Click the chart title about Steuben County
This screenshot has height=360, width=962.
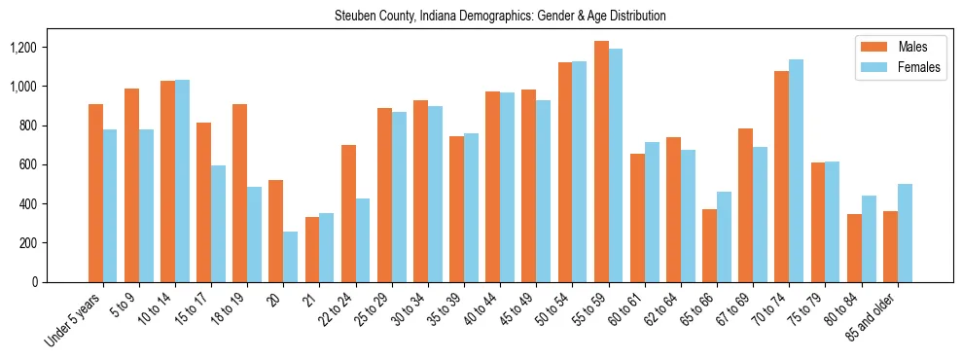click(500, 17)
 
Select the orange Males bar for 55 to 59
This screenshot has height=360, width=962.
click(601, 162)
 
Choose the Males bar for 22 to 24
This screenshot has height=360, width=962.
click(348, 214)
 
